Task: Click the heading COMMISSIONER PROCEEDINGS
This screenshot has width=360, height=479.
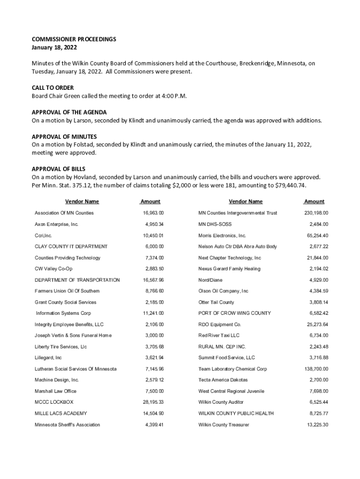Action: click(x=74, y=39)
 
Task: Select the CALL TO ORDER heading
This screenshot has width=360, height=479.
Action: click(x=53, y=88)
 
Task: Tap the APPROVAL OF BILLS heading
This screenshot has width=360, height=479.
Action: click(x=58, y=169)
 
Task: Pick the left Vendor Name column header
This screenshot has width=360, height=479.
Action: click(x=82, y=202)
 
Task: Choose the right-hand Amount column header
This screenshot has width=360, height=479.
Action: click(x=314, y=202)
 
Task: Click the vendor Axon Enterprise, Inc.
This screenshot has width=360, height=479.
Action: click(x=57, y=225)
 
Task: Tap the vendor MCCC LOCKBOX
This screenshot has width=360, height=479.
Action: click(x=54, y=402)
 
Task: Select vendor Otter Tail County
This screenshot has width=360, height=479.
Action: click(x=216, y=302)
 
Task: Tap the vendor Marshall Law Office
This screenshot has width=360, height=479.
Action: click(x=56, y=391)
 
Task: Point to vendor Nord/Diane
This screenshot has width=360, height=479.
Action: click(x=210, y=280)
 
